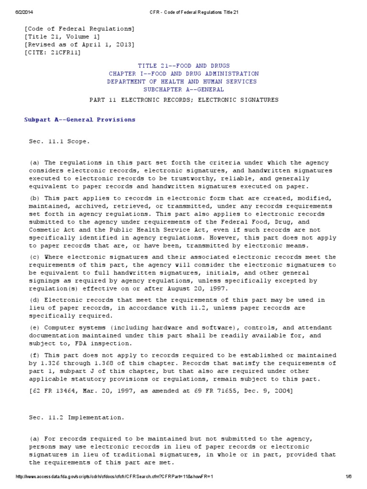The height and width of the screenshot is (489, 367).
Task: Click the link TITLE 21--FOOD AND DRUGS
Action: coord(183,65)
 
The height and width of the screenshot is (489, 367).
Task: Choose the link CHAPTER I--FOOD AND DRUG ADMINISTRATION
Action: coord(183,74)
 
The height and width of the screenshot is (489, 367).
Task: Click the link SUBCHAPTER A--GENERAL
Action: coord(183,89)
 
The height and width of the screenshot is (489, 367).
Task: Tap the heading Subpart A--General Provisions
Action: coord(80,119)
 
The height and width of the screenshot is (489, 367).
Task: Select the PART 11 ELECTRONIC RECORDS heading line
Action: coord(183,100)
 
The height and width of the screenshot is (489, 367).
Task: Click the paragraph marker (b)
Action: coord(34,197)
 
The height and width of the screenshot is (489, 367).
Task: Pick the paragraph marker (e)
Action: coord(34,327)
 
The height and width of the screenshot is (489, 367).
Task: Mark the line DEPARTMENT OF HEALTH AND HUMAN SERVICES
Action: coord(182,81)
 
